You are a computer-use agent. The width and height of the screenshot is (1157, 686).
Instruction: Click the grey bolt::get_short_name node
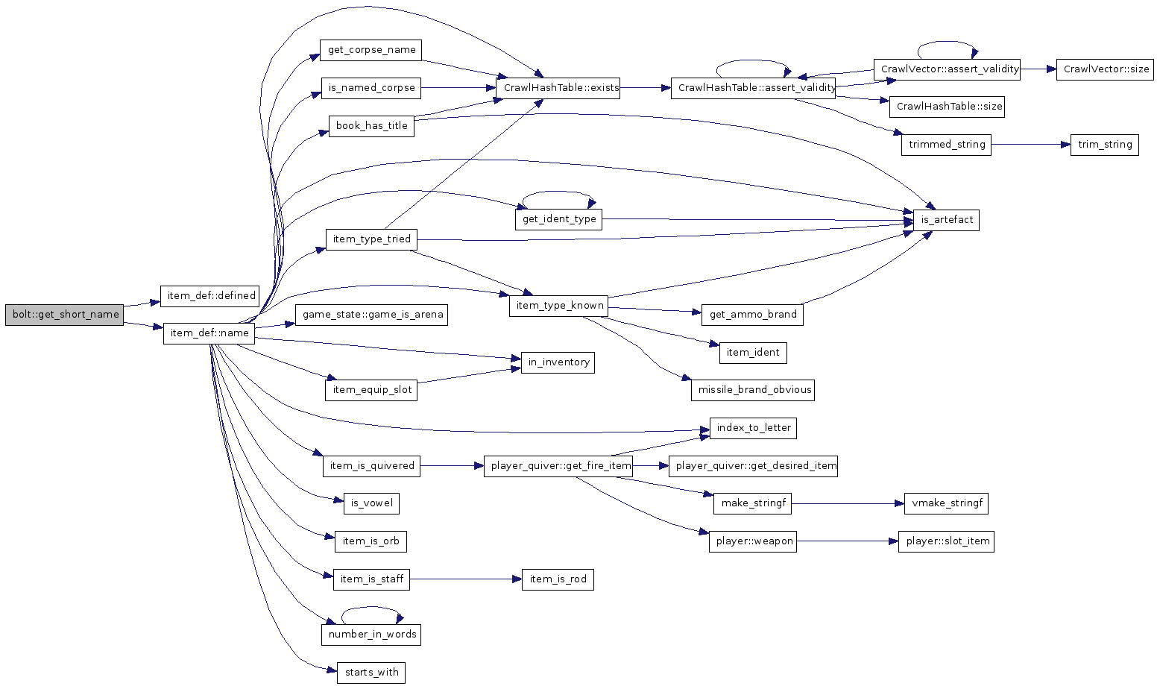(x=64, y=315)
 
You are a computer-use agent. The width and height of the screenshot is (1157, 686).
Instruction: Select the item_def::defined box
(x=212, y=296)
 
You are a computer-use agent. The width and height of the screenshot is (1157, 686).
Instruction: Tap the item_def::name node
(x=209, y=333)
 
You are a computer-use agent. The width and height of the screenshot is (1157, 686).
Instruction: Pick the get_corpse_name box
(x=371, y=50)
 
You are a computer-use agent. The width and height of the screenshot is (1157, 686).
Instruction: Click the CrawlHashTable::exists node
(x=561, y=88)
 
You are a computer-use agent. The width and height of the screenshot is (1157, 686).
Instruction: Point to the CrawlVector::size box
(x=1105, y=69)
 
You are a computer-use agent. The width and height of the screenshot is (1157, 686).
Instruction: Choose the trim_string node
(x=1105, y=145)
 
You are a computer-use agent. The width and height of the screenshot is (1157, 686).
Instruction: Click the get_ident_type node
(x=559, y=219)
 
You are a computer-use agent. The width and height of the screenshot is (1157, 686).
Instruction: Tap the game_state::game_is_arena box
(x=372, y=315)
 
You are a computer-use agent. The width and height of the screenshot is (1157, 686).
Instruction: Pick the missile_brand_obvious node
(x=753, y=390)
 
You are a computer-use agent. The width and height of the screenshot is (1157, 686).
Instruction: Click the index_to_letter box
(x=753, y=428)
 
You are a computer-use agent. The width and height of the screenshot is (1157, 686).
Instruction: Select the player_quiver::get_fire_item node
(x=558, y=466)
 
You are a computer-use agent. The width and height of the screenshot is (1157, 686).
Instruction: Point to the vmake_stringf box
(x=946, y=503)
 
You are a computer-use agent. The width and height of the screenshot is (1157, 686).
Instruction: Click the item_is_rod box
(x=558, y=579)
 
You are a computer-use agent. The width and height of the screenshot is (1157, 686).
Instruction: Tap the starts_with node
(x=371, y=673)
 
